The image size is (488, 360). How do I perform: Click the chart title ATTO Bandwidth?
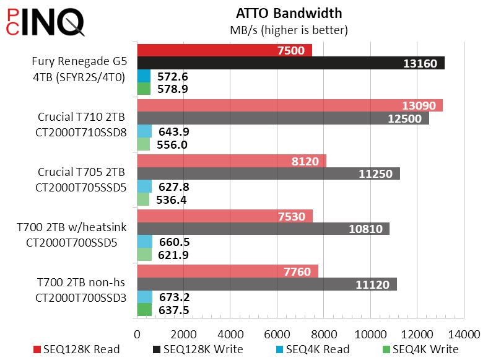pos(289,13)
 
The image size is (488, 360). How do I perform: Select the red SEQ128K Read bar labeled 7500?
pos(224,50)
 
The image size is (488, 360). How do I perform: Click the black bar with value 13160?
pos(290,63)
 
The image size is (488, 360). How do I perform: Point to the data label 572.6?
pos(173,76)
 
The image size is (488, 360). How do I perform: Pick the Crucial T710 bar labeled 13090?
pos(289,105)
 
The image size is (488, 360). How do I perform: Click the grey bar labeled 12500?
pos(282,118)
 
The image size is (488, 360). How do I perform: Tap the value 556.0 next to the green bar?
pos(173,145)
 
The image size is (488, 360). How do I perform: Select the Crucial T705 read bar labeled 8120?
pos(231,160)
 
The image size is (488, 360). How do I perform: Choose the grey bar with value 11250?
pos(268,173)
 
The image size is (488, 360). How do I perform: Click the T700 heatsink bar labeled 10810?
pos(263,229)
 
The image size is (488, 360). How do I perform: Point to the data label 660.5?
pos(173,242)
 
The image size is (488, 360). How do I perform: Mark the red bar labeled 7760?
pos(227,271)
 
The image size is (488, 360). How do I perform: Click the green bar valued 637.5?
pos(144,309)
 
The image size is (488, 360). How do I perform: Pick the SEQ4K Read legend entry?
pos(313,349)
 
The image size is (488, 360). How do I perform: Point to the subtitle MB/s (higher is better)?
pos(289,29)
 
